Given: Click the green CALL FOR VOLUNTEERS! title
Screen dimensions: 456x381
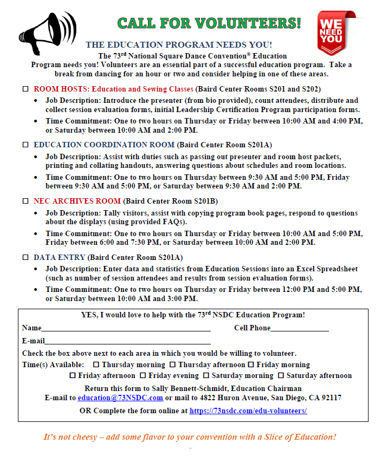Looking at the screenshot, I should click(209, 23).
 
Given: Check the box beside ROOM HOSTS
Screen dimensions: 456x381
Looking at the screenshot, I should click(25, 88).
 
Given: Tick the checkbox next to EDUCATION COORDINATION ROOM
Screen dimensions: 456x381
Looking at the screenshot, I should click(25, 145).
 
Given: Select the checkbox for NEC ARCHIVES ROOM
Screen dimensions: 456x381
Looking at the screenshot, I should click(25, 201).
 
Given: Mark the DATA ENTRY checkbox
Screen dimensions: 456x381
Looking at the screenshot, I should click(25, 257).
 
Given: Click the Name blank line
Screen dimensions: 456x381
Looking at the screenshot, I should click(126, 329).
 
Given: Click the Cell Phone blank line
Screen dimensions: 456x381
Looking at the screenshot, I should click(299, 329).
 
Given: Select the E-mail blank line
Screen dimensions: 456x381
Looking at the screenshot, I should click(127, 342).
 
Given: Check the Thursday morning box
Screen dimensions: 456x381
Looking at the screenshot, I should click(96, 364).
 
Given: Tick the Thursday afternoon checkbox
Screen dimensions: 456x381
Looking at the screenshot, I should click(172, 364).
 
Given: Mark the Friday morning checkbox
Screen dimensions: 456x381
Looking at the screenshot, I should click(251, 364).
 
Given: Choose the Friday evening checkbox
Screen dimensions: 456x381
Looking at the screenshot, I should click(143, 375).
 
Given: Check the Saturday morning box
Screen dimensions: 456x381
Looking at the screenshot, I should click(206, 375).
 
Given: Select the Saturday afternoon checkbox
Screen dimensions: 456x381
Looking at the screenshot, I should click(281, 375).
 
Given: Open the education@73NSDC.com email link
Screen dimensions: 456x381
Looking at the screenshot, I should click(120, 398).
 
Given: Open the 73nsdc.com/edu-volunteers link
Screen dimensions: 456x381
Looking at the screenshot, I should click(248, 411).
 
